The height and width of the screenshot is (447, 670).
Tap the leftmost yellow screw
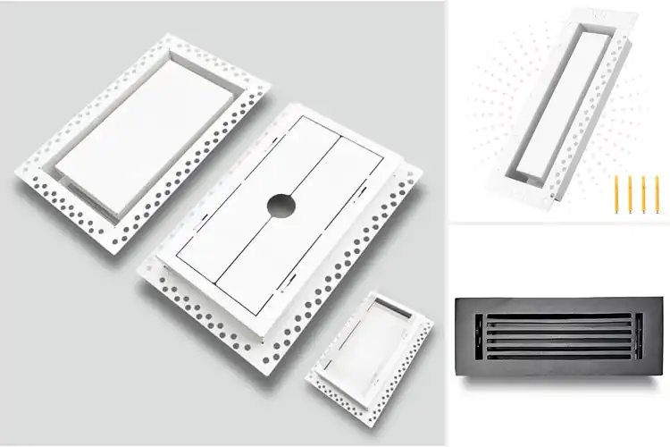pos(617,191)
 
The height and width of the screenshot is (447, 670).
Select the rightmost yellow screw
pos(657,191)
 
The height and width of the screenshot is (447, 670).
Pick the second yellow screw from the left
pos(630,191)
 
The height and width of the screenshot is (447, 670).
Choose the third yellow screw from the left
pos(643,191)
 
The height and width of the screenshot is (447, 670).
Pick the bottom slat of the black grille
pos(559,358)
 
